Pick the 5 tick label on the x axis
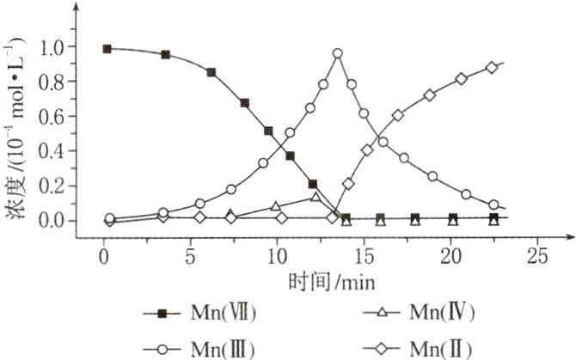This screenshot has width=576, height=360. pyautogui.click(x=189, y=256)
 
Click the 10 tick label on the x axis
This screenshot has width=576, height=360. pyautogui.click(x=276, y=256)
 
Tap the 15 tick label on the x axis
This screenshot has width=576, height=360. pyautogui.click(x=363, y=256)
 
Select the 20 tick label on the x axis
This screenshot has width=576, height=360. pyautogui.click(x=450, y=256)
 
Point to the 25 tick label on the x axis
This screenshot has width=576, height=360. pyautogui.click(x=536, y=256)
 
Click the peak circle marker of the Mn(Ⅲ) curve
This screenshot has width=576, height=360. pyautogui.click(x=338, y=53)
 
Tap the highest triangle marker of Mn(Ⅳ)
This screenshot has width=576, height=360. pyautogui.click(x=316, y=197)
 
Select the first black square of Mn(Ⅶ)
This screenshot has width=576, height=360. pyautogui.click(x=107, y=49)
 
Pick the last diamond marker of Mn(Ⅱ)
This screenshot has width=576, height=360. pyautogui.click(x=492, y=68)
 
